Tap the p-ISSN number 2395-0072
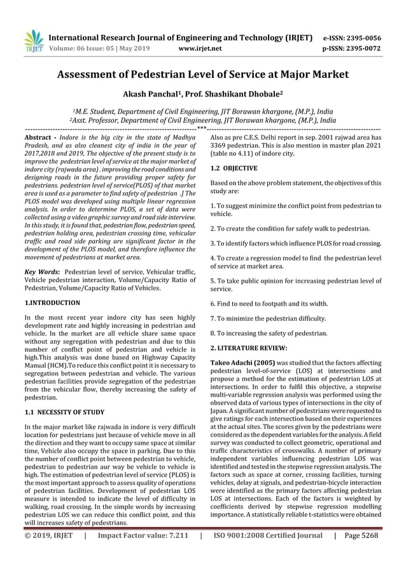tap(361, 47)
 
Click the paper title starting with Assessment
tap(202, 74)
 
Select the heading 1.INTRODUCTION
tap(52, 303)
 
